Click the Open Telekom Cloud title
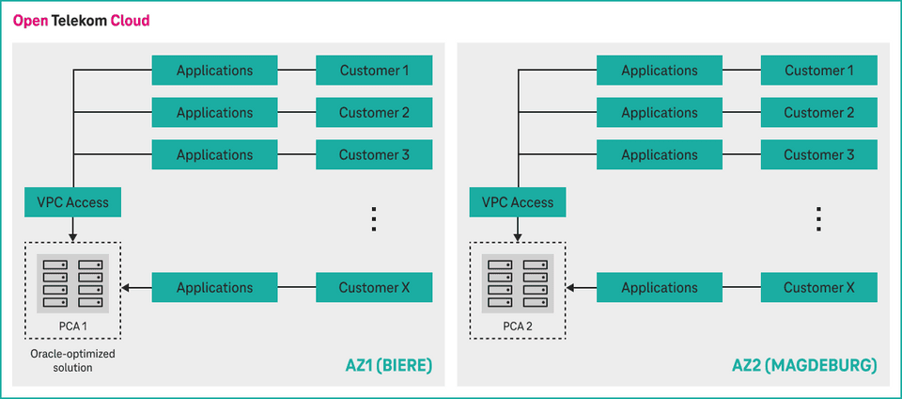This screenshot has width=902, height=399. (x=81, y=20)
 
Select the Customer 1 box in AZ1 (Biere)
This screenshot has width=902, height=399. (x=374, y=71)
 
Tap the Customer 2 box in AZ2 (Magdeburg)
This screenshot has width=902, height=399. (x=818, y=113)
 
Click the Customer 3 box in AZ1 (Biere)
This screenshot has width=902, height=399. (x=374, y=155)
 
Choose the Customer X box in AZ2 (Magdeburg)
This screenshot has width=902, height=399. (x=818, y=288)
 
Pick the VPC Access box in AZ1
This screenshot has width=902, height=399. (x=72, y=202)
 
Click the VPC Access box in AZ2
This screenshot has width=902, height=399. (x=518, y=202)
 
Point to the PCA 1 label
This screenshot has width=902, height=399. (x=72, y=327)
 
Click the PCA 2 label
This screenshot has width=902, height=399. (x=518, y=327)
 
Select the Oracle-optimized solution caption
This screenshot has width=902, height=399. (x=72, y=360)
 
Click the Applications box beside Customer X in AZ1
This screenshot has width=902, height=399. (x=214, y=288)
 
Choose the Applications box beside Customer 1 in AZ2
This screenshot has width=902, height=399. (x=660, y=71)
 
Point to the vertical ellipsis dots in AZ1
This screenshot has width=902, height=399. (x=373, y=219)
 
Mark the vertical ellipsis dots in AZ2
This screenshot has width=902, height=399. (x=818, y=219)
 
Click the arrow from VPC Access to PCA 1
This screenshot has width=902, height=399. (x=72, y=231)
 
